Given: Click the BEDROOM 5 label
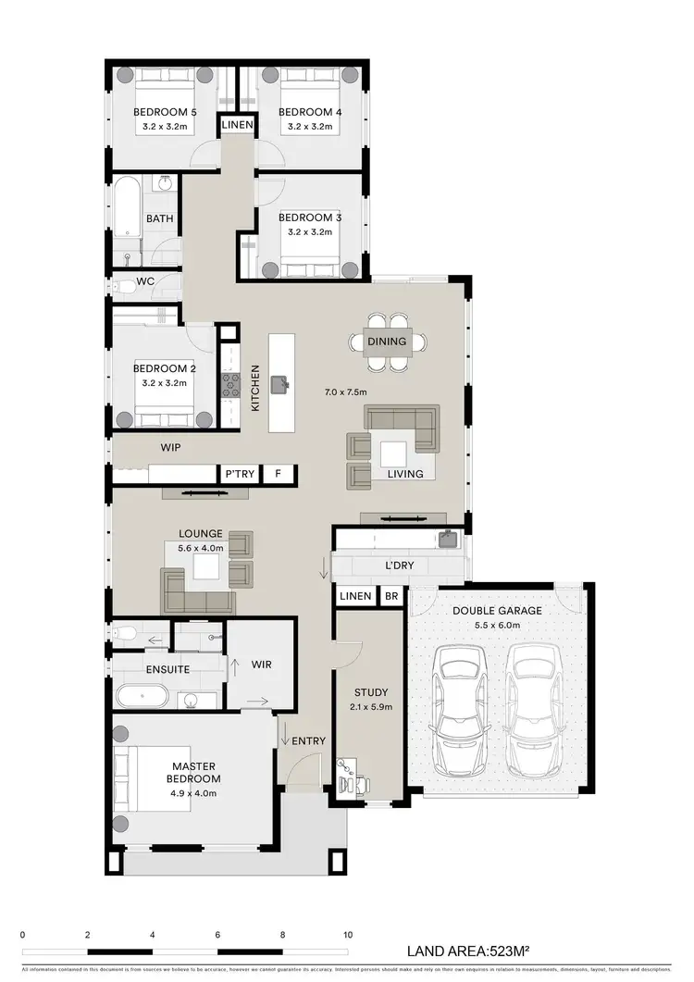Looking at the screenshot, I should tap(166, 113).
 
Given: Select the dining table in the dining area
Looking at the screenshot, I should tap(387, 342).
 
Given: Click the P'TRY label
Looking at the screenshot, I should tap(240, 474).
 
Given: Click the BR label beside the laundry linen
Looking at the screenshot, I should tap(391, 596).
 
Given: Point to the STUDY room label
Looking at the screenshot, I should tap(371, 691).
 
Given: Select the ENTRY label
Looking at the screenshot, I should tap(308, 740).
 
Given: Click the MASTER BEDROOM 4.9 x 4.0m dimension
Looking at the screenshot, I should tap(167, 793).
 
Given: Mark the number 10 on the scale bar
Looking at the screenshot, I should tap(348, 935).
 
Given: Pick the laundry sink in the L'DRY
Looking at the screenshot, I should tap(448, 538).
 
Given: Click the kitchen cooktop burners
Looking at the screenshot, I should tap(229, 388).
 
